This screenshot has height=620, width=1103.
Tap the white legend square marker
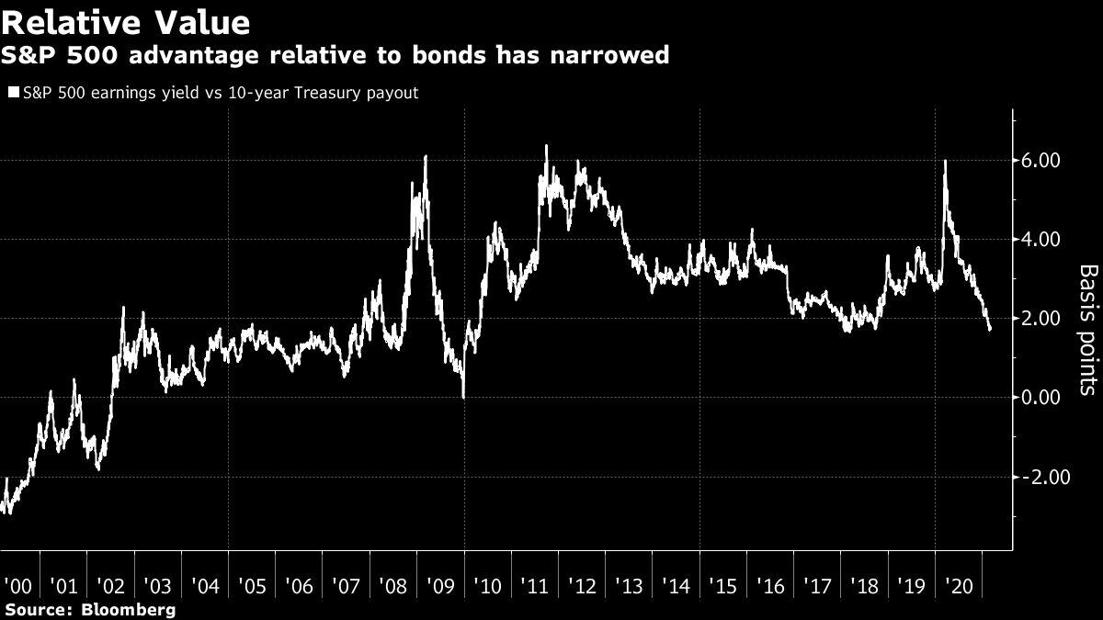[x=13, y=93]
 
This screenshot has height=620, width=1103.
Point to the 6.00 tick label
[x=1042, y=161]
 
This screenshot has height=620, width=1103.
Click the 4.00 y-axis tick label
[x=1042, y=240]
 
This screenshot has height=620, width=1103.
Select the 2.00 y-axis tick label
[x=1042, y=319]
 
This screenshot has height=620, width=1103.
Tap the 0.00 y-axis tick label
[x=1042, y=398]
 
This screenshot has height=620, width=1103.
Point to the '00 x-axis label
[x=18, y=585]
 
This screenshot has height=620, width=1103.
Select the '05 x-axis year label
[x=252, y=585]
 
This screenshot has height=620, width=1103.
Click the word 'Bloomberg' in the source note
[x=129, y=609]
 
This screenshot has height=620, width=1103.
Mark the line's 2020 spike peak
[x=946, y=161]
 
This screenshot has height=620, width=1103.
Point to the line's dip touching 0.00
[x=463, y=397]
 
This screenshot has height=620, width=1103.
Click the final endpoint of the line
[x=990, y=329]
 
